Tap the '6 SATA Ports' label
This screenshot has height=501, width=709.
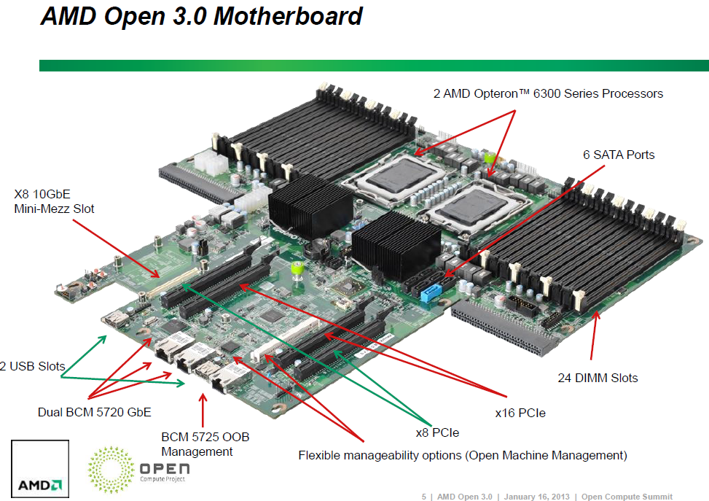619,155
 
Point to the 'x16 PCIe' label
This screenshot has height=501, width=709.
520,413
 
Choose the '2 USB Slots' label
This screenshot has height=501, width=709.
32,366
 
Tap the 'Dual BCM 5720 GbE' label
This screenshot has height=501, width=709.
94,412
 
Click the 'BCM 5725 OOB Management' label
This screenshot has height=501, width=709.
205,444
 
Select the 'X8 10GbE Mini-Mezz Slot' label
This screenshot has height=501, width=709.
55,202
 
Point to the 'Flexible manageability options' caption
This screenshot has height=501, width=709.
463,456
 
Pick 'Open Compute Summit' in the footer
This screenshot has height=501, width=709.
627,497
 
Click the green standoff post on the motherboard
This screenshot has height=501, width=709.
297,269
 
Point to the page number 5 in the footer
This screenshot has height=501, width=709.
424,497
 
